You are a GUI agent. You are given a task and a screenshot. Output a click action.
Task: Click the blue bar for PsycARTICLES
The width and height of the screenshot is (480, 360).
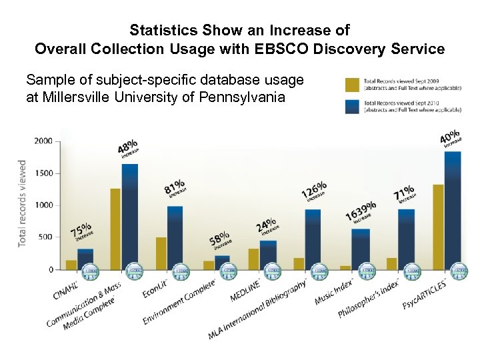point(452,210)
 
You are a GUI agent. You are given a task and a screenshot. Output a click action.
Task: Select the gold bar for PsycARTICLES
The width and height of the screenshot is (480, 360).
point(438,227)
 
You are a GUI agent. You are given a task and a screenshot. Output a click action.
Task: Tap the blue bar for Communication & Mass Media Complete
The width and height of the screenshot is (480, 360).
point(129,216)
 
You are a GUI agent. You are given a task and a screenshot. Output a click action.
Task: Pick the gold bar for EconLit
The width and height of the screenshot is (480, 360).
point(161,253)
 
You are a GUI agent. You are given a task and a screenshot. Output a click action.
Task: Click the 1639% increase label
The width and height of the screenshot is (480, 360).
point(361,213)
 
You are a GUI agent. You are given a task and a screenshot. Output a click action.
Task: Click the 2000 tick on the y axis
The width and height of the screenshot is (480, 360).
point(43,141)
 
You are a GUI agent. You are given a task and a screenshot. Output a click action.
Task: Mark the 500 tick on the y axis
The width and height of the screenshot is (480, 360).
point(45,237)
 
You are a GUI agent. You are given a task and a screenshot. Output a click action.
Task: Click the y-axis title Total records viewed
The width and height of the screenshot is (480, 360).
point(22,203)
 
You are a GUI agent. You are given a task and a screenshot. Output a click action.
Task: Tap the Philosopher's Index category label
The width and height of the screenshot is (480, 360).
point(368,301)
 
